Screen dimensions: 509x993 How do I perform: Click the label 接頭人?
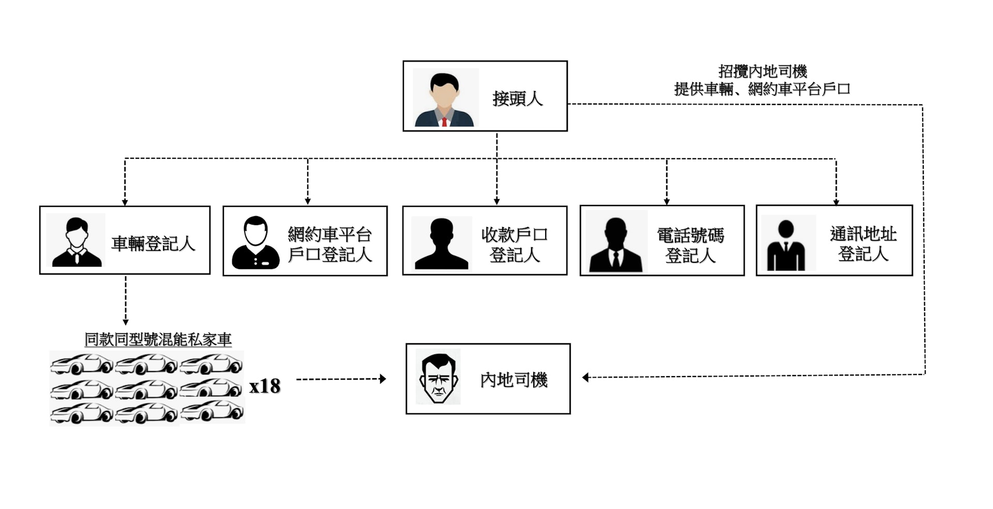(518, 98)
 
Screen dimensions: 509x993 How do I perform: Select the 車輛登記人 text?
(154, 244)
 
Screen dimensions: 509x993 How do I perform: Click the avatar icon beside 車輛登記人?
(77, 242)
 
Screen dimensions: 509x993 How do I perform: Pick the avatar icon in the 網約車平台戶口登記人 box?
(255, 243)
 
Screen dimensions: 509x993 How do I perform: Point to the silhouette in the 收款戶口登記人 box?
(441, 244)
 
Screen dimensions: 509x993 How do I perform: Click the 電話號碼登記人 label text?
(690, 245)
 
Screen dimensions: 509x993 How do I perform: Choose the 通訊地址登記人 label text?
(863, 244)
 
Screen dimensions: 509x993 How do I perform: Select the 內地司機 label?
(514, 380)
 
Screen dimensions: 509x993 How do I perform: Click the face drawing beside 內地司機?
(439, 378)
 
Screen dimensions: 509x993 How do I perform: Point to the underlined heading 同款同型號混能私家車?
(158, 339)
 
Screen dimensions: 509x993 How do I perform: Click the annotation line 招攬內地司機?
(763, 71)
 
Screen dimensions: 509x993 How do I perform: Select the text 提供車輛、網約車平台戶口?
(762, 89)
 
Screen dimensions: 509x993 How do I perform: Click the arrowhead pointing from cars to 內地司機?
(383, 379)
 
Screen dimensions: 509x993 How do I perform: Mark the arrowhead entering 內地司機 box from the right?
(585, 378)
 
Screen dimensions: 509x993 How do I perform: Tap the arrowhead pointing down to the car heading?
(125, 322)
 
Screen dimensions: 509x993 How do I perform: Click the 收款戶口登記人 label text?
(515, 245)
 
